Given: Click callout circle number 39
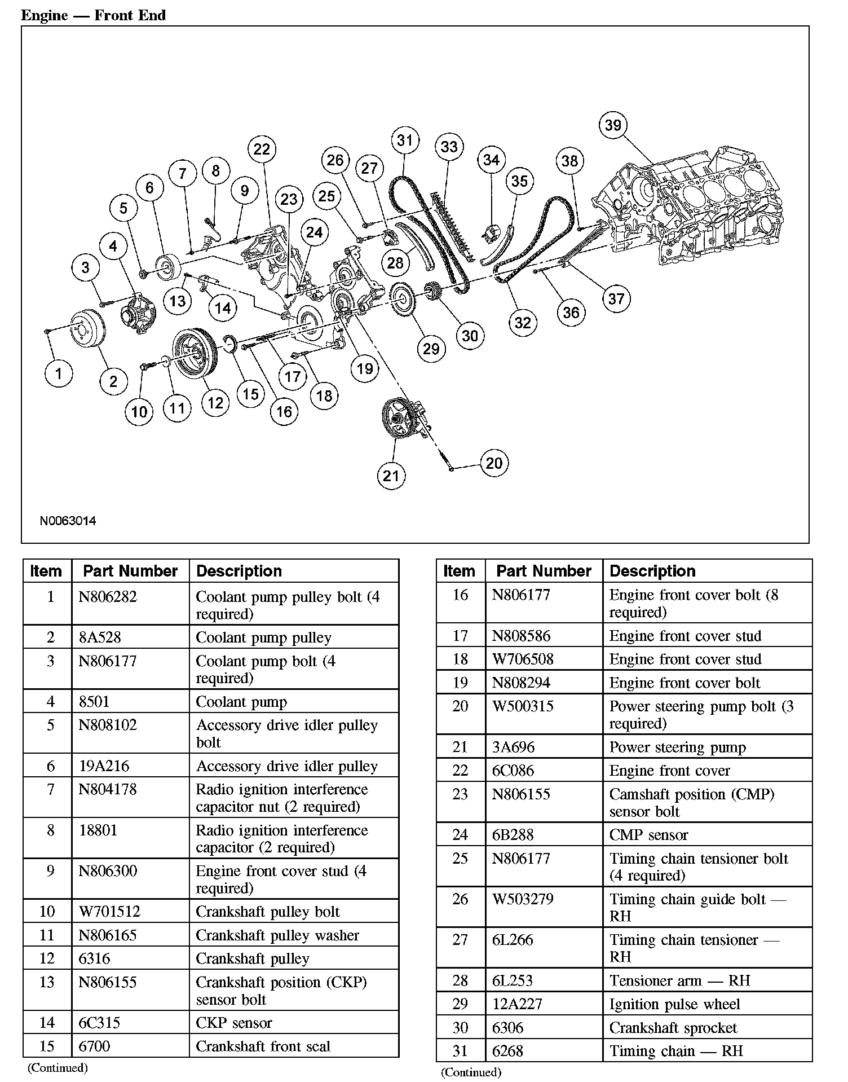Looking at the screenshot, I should [x=613, y=125].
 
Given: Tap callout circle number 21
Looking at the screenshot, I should [x=391, y=475].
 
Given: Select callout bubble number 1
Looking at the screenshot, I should [x=58, y=373].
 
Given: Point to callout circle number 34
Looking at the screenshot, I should [x=491, y=160].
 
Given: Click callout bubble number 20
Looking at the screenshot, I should [x=494, y=463].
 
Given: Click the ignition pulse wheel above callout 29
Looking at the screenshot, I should [x=401, y=298].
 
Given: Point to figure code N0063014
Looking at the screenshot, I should [x=68, y=521].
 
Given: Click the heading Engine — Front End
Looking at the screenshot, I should [x=93, y=15].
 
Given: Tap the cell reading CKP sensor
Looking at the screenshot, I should [x=233, y=1023].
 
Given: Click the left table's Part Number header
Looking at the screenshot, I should [x=130, y=571].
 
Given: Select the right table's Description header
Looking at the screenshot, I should [x=652, y=571].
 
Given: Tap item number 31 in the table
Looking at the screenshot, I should [x=460, y=1051].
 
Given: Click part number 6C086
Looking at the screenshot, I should [x=513, y=771].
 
